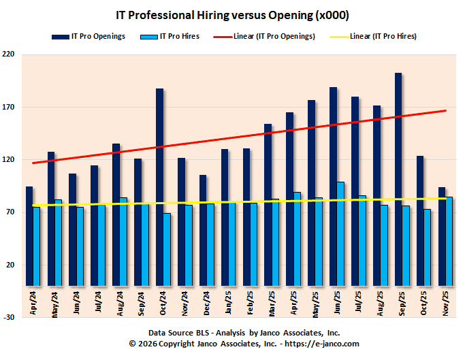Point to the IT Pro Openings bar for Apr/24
coord(29,235)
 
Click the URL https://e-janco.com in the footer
coord(321,344)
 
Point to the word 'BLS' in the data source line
coord(201,333)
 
